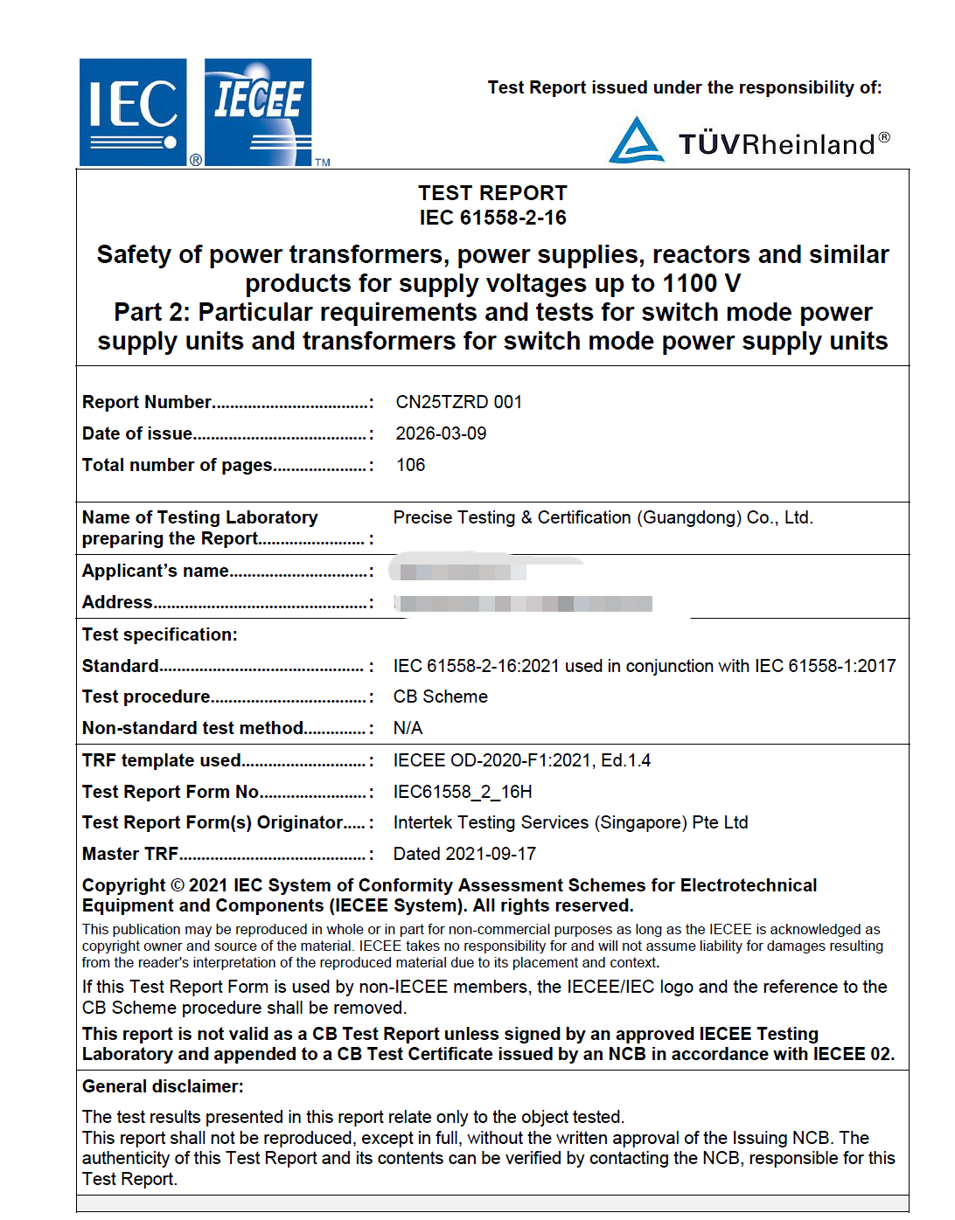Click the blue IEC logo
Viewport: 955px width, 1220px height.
[x=133, y=112]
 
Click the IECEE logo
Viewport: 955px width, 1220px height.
[x=258, y=112]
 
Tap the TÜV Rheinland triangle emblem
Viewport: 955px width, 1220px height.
[x=636, y=141]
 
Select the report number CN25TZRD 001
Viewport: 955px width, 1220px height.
[x=458, y=402]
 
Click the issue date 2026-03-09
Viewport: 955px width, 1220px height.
[x=441, y=433]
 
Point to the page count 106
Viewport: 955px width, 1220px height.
[x=410, y=465]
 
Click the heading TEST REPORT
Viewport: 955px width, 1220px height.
[x=492, y=193]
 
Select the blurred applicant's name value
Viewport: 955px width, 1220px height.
[x=457, y=572]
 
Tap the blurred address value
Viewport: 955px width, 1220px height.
[x=523, y=603]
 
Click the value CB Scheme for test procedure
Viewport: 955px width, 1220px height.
[x=440, y=697]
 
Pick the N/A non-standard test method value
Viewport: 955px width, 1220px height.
[x=408, y=728]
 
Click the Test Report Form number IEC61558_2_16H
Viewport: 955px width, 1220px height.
[x=462, y=792]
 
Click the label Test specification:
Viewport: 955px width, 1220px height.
[x=159, y=634]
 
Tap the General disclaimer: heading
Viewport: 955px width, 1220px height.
[x=163, y=1086]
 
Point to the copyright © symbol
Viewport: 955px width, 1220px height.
[x=177, y=885]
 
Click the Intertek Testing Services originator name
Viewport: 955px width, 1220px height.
[x=570, y=822]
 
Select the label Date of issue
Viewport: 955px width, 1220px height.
[x=137, y=433]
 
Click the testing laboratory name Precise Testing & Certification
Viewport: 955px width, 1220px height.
[x=603, y=517]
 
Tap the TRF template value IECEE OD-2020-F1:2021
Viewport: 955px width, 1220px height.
[x=521, y=760]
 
